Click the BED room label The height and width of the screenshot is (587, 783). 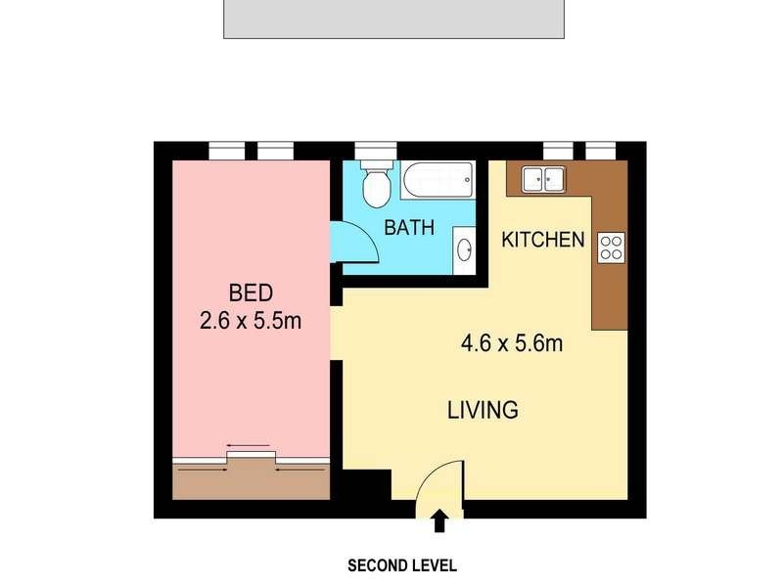250,292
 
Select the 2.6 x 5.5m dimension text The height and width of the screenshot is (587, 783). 250,319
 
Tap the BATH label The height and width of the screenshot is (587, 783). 409,228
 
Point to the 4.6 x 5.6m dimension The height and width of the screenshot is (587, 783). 512,343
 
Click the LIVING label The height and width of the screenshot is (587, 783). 483,410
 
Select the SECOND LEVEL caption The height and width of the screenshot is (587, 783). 402,565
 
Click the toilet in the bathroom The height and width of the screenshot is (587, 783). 374,186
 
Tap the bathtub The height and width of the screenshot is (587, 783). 438,178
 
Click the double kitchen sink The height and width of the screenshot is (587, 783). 543,179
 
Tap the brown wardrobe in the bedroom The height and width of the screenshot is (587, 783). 251,479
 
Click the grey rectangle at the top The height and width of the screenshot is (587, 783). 394,19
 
